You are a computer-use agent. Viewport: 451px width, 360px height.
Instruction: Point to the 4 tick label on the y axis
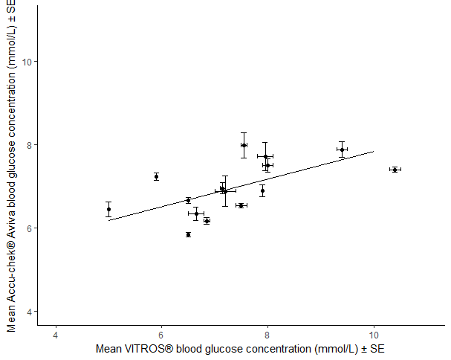30,312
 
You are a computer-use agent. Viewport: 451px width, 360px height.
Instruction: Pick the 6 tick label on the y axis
30,228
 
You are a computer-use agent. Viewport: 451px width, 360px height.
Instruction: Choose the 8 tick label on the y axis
30,145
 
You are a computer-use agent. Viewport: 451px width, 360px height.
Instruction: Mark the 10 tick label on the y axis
27,62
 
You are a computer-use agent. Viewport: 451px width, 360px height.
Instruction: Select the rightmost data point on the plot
395,170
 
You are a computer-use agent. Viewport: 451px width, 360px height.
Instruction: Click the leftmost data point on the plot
108,209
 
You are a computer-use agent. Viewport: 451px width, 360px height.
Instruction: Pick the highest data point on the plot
244,145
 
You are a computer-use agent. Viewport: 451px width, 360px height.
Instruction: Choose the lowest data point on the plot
188,234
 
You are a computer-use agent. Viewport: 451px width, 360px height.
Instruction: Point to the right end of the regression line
373,152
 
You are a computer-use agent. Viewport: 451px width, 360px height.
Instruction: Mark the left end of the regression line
108,220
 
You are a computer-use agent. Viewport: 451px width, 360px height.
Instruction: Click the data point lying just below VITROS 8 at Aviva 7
262,190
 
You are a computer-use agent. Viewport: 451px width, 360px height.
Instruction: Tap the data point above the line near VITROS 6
156,176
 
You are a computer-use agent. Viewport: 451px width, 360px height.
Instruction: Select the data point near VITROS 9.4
342,150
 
